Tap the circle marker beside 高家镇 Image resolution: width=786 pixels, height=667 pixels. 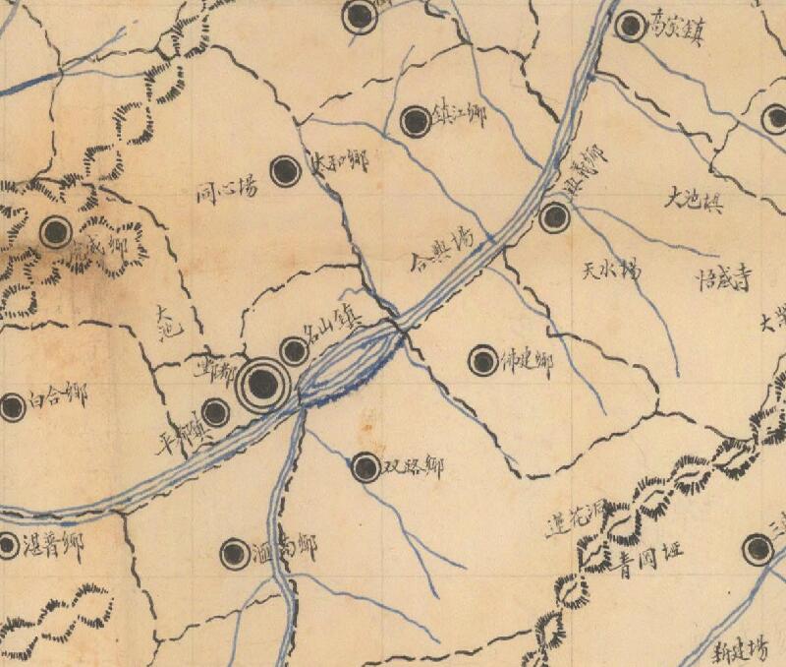tap(630, 27)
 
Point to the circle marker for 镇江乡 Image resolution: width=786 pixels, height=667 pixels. tap(416, 122)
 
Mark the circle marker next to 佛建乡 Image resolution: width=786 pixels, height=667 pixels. tap(482, 361)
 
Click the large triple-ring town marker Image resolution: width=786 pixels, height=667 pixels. tap(262, 385)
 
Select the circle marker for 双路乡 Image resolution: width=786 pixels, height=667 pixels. tap(365, 467)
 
